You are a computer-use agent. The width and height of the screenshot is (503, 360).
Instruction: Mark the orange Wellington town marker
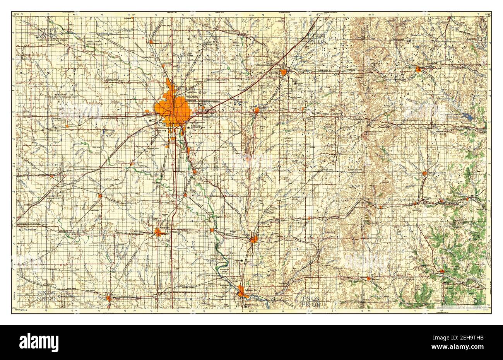pyautogui.click(x=159, y=232)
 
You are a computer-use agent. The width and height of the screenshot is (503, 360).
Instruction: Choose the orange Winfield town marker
pyautogui.click(x=253, y=239)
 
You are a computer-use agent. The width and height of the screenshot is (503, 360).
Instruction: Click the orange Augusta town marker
pyautogui.click(x=257, y=110)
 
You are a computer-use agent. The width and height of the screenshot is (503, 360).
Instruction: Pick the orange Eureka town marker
pyautogui.click(x=418, y=70)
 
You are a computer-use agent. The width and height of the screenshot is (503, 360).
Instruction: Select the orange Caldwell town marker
pyautogui.click(x=108, y=297)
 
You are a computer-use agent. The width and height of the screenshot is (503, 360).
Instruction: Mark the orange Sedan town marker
pyautogui.click(x=442, y=270)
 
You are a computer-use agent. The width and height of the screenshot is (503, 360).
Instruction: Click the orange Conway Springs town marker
pyautogui.click(x=100, y=196)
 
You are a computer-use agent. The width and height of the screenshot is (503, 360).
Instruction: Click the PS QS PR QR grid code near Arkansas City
pyautogui.click(x=312, y=301)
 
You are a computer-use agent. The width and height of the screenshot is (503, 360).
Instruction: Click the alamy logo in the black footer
pyautogui.click(x=39, y=342)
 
